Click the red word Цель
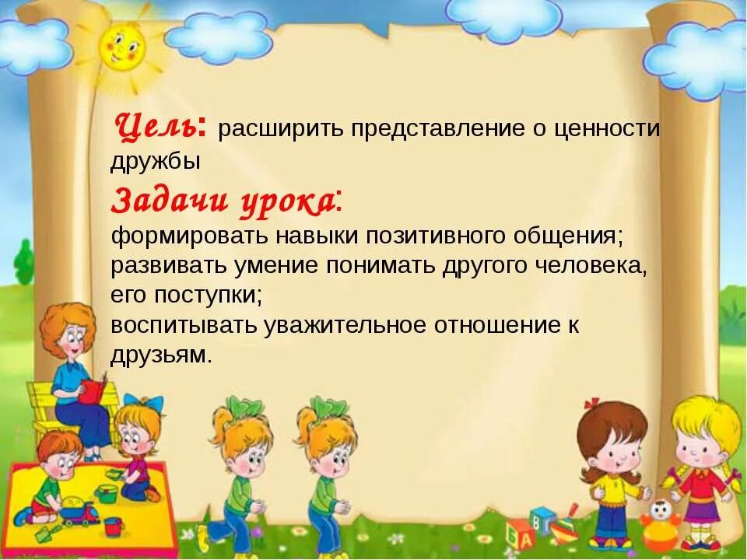(160, 126)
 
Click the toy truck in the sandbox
(77, 511)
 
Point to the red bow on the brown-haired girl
(593, 403)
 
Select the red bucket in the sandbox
(114, 526)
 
